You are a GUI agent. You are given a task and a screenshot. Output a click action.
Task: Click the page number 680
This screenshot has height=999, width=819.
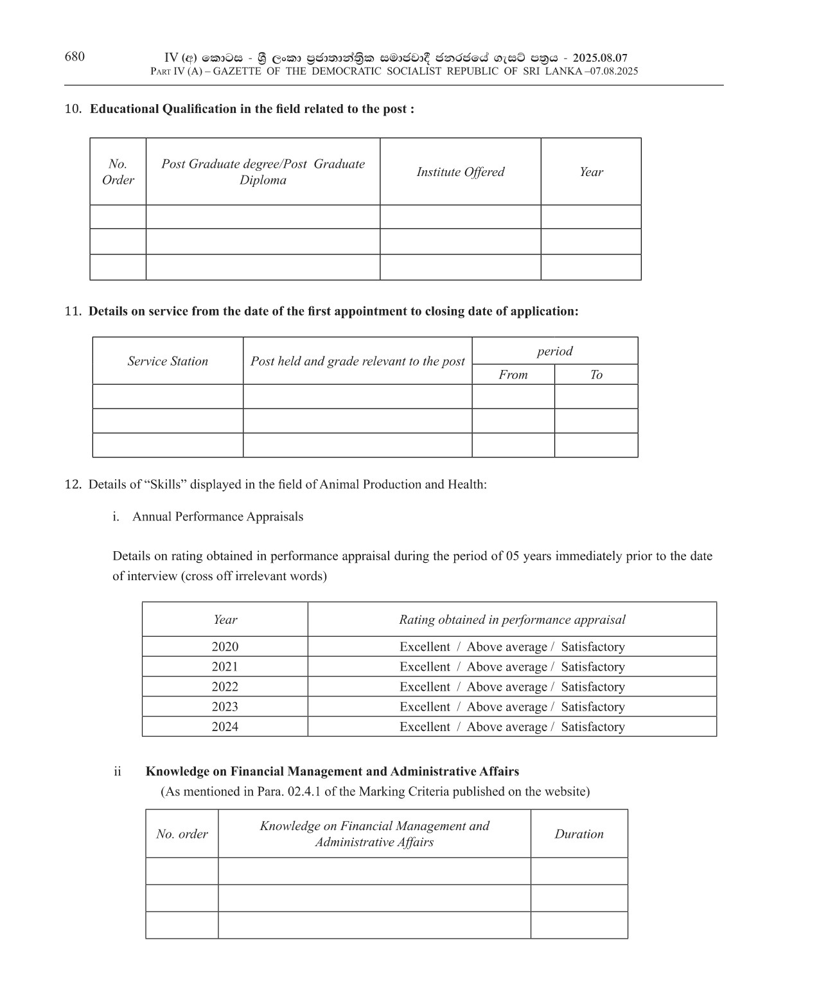point(75,57)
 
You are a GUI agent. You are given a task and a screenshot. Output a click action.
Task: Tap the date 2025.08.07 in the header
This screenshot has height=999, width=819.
point(600,58)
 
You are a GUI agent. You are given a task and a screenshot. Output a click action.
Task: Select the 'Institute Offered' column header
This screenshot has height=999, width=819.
point(461,172)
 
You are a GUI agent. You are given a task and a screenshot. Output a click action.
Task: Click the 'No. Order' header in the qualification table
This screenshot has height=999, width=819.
point(118,172)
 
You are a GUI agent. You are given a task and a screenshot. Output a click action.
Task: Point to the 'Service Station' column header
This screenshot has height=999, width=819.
point(168,361)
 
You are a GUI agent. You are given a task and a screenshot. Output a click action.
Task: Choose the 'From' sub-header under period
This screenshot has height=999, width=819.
point(513,375)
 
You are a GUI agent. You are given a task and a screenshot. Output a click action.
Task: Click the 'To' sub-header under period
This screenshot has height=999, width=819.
point(596,375)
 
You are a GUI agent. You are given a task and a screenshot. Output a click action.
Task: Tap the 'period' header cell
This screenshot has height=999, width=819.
point(554,351)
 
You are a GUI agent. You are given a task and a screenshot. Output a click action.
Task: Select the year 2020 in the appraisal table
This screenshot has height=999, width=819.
point(225,647)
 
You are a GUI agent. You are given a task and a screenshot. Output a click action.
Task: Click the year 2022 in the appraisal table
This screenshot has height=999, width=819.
point(225,687)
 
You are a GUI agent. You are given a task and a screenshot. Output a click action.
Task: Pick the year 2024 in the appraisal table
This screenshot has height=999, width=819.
point(225,727)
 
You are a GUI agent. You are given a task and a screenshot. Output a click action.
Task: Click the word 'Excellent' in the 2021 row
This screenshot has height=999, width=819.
point(425,667)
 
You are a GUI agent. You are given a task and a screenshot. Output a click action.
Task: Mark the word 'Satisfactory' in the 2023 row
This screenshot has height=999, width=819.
point(592,707)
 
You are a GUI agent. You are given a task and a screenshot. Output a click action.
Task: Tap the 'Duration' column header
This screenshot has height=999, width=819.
point(579,834)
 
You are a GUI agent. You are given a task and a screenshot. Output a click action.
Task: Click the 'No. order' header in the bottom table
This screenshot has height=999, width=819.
point(182,834)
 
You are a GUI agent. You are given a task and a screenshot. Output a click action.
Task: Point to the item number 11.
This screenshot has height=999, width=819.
point(73,312)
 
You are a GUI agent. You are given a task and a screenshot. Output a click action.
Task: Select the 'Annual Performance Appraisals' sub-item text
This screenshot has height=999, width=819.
point(218,517)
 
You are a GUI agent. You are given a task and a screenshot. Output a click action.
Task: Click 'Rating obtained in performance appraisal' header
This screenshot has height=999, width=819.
point(512,620)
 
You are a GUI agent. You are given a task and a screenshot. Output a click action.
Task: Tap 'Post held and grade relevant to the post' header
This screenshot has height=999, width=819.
point(357,361)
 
